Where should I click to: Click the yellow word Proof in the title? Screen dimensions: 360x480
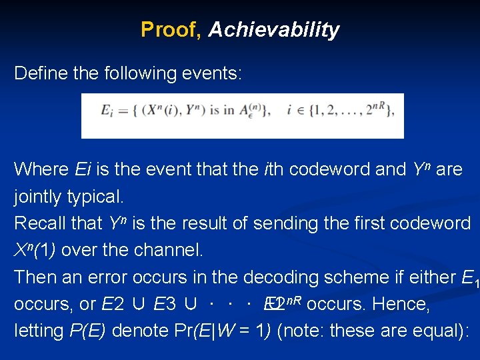click(x=170, y=29)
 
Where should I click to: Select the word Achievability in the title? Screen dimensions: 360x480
click(x=273, y=29)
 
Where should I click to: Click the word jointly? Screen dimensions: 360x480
click(x=37, y=197)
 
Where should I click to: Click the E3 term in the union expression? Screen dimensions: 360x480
click(x=165, y=304)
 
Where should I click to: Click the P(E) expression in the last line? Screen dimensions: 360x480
click(x=88, y=331)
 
